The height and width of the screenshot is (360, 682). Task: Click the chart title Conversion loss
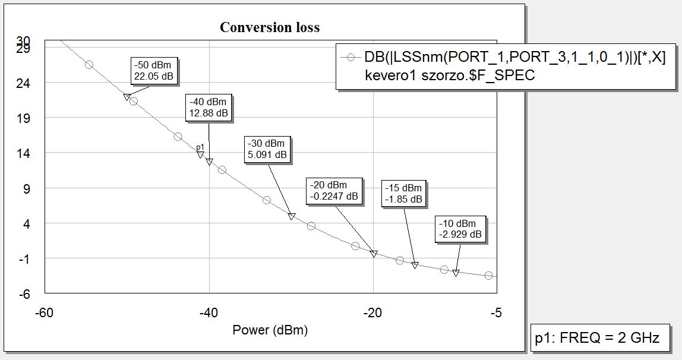(270, 27)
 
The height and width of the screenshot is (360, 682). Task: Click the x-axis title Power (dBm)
(270, 330)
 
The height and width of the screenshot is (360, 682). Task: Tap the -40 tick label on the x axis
(209, 313)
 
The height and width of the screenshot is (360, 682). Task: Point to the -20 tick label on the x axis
(372, 313)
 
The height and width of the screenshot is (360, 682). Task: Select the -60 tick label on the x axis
(45, 313)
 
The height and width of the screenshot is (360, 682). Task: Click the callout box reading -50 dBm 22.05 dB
(154, 71)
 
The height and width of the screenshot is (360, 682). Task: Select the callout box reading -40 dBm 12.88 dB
(209, 108)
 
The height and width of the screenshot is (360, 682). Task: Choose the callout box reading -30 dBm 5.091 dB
(267, 149)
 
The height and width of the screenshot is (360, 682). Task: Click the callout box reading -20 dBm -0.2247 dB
(334, 191)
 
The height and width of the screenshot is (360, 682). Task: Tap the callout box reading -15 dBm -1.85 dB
(403, 194)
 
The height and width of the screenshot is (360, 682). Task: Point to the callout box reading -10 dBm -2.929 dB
(460, 229)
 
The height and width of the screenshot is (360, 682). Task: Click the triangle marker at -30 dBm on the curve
(291, 217)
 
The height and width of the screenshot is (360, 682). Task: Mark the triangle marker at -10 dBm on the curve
(456, 273)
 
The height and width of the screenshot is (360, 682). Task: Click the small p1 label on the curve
(200, 147)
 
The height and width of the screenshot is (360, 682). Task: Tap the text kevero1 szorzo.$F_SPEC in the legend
(450, 75)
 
